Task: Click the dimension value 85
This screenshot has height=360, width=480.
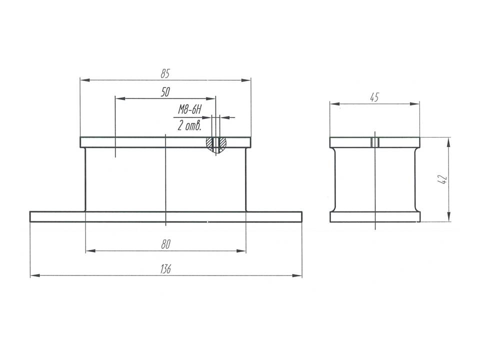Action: click(x=165, y=74)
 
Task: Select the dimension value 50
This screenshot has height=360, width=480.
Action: click(x=165, y=92)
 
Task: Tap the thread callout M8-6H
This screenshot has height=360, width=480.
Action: click(x=190, y=109)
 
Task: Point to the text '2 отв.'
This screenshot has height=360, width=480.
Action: click(x=189, y=125)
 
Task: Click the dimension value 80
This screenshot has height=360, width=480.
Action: click(x=165, y=244)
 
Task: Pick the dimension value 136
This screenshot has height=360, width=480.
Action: click(x=165, y=269)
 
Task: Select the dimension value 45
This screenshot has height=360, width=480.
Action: click(x=374, y=97)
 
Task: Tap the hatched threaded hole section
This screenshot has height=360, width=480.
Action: click(x=216, y=144)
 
